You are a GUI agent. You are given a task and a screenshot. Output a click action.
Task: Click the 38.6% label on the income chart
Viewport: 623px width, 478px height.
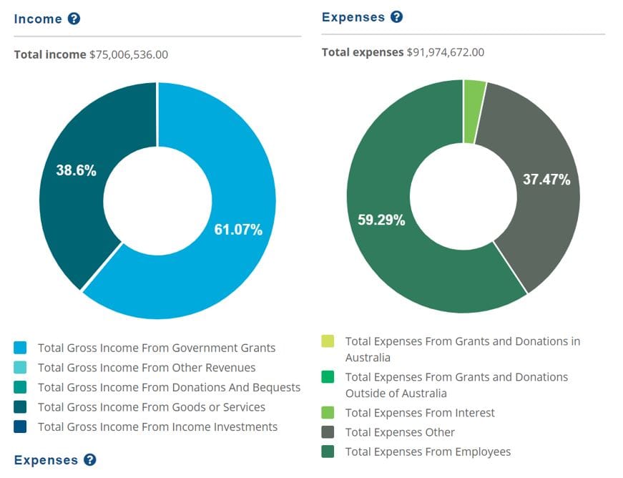click(76, 170)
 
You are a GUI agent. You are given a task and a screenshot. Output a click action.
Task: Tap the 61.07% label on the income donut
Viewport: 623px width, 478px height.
click(238, 230)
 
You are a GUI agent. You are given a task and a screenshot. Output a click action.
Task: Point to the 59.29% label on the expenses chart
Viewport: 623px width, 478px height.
click(381, 220)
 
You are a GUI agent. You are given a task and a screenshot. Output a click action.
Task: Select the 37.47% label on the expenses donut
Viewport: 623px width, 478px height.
click(546, 180)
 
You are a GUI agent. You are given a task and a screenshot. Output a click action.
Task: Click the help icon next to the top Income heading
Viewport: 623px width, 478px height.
click(74, 19)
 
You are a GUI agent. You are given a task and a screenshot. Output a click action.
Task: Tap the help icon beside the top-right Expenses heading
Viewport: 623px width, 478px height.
click(396, 16)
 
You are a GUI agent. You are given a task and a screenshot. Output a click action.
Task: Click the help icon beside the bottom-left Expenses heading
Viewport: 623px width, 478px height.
click(89, 459)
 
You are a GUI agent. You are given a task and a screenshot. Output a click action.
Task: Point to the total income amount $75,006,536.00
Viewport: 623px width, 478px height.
click(129, 54)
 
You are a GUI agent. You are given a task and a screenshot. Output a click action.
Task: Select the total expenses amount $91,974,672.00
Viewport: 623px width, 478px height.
click(446, 52)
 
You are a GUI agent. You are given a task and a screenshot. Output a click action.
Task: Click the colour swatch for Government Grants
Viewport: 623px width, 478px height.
click(21, 348)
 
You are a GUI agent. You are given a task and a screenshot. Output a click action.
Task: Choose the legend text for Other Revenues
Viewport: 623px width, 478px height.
click(147, 368)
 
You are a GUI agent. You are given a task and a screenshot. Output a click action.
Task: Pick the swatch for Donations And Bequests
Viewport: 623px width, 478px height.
click(21, 387)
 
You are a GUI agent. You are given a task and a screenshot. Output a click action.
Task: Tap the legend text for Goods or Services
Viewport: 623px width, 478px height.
click(152, 407)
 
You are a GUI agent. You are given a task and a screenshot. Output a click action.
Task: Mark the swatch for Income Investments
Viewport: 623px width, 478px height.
click(21, 427)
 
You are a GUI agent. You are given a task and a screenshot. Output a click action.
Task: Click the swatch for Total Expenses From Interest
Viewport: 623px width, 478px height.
click(328, 413)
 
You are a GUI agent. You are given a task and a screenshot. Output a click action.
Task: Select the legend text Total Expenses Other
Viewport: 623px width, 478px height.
click(400, 432)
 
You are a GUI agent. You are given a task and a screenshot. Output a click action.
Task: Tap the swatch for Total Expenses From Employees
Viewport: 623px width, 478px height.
click(328, 452)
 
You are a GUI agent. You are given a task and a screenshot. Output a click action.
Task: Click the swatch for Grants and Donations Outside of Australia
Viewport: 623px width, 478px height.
click(328, 377)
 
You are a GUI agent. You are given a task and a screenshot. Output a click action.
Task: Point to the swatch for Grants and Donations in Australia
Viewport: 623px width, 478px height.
click(328, 341)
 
